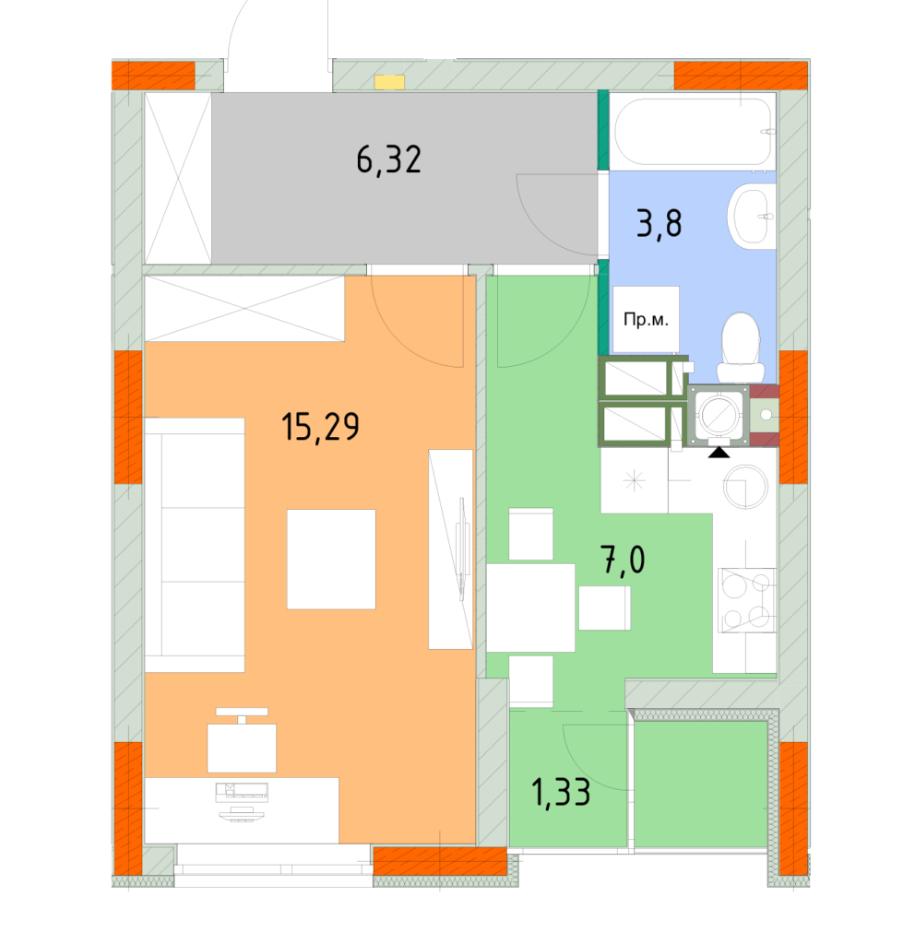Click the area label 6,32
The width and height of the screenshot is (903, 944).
point(388,160)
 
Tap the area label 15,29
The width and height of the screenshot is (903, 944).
point(320,428)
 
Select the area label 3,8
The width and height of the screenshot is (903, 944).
point(659,223)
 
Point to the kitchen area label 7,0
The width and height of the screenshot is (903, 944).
point(624,560)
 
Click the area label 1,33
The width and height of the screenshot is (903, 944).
point(561,792)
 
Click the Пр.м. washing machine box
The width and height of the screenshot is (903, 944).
point(646,319)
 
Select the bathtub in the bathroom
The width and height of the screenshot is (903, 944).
point(693,131)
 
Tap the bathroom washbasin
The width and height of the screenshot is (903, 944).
point(752,216)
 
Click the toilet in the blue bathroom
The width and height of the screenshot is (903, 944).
point(740,346)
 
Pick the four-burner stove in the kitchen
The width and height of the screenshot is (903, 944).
point(746,600)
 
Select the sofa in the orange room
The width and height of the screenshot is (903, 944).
point(195,544)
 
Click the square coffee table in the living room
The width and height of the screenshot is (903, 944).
point(331,559)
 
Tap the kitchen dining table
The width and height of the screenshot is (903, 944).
point(530,607)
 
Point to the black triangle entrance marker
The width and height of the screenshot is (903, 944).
point(719,452)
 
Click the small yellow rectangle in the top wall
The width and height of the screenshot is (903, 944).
point(389,82)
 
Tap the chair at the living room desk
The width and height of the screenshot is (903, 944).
point(242,745)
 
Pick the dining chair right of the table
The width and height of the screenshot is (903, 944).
point(605,608)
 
